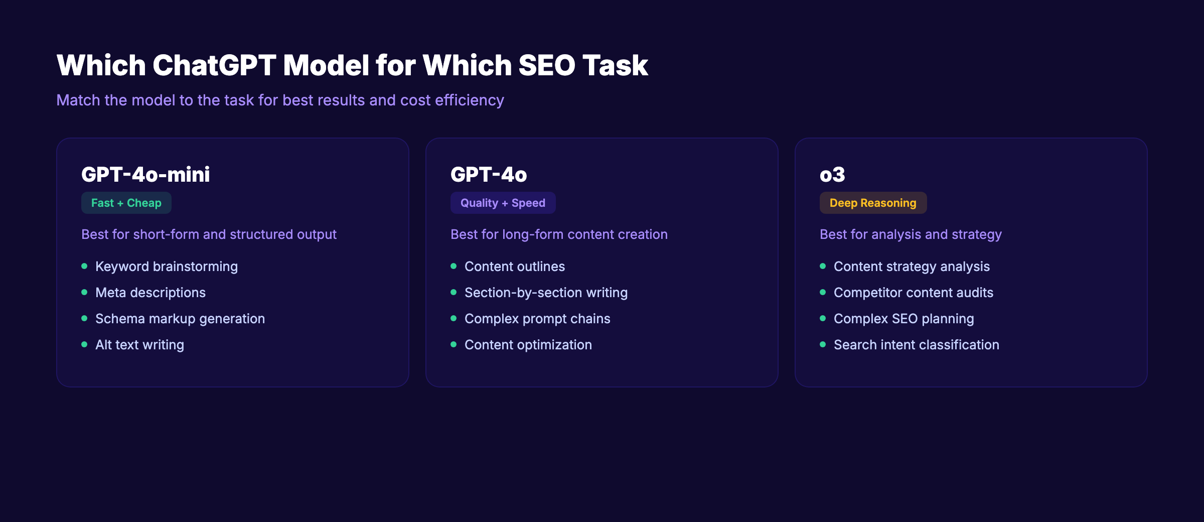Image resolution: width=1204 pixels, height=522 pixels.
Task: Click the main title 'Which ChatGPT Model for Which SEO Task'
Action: point(352,66)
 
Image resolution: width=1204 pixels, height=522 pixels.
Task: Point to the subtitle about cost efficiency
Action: point(280,100)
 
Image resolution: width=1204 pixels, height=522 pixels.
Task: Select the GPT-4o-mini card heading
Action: point(145,175)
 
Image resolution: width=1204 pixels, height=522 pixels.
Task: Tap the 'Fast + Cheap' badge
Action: point(126,203)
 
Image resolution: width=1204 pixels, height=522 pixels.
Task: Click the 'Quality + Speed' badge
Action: point(503,203)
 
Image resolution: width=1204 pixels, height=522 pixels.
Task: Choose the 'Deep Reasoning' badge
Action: point(873,203)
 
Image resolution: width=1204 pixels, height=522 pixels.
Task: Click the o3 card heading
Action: point(832,175)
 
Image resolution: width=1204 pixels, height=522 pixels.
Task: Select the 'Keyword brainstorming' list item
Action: point(167,267)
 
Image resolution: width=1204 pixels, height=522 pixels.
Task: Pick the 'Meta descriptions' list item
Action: point(150,293)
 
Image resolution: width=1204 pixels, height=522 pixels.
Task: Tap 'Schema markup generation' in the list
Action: point(180,319)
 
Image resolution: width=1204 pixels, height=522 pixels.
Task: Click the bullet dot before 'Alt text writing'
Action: point(84,344)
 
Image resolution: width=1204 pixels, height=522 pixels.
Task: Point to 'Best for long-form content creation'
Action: point(559,234)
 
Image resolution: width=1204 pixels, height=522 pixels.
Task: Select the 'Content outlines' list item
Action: point(515,267)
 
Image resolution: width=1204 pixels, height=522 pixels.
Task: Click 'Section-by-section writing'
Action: point(546,293)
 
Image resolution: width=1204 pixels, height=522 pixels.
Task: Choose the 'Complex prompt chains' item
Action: point(537,319)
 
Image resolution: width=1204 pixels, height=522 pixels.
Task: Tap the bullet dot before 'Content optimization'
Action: point(454,344)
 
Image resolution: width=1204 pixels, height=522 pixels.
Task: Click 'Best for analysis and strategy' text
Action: point(911,234)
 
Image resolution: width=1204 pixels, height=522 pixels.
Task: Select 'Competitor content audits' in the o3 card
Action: point(914,293)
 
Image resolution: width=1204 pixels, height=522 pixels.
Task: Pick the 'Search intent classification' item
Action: point(917,345)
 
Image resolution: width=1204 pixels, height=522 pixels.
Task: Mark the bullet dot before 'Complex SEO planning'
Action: point(823,318)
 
